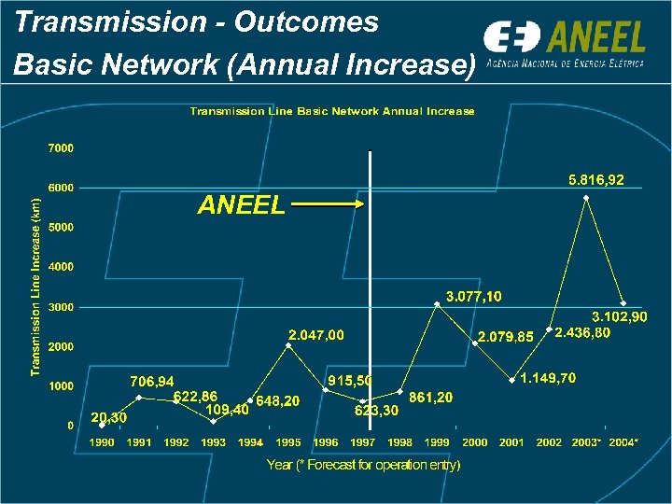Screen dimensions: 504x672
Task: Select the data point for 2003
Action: pyautogui.click(x=586, y=198)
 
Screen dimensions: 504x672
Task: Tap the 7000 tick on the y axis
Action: pyautogui.click(x=61, y=147)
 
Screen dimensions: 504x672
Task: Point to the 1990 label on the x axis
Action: pyautogui.click(x=102, y=442)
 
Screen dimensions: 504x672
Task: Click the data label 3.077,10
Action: pyautogui.click(x=473, y=297)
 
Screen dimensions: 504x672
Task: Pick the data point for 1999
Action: pyautogui.click(x=437, y=304)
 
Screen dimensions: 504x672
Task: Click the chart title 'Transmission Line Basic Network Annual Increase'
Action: pyautogui.click(x=332, y=111)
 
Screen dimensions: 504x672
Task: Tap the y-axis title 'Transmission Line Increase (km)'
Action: pyautogui.click(x=35, y=287)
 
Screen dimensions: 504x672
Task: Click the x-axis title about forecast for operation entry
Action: pyautogui.click(x=363, y=465)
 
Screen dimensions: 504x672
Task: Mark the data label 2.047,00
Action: pyautogui.click(x=315, y=334)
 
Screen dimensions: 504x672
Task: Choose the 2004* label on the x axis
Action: pyautogui.click(x=623, y=442)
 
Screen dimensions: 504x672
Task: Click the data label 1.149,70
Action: pyautogui.click(x=548, y=378)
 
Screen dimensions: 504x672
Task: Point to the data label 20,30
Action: pyautogui.click(x=108, y=416)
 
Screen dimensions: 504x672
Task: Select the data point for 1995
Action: pyautogui.click(x=287, y=345)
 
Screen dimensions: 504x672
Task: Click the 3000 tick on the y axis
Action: pyautogui.click(x=61, y=307)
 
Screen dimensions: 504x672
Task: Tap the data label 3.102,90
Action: pyautogui.click(x=620, y=317)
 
